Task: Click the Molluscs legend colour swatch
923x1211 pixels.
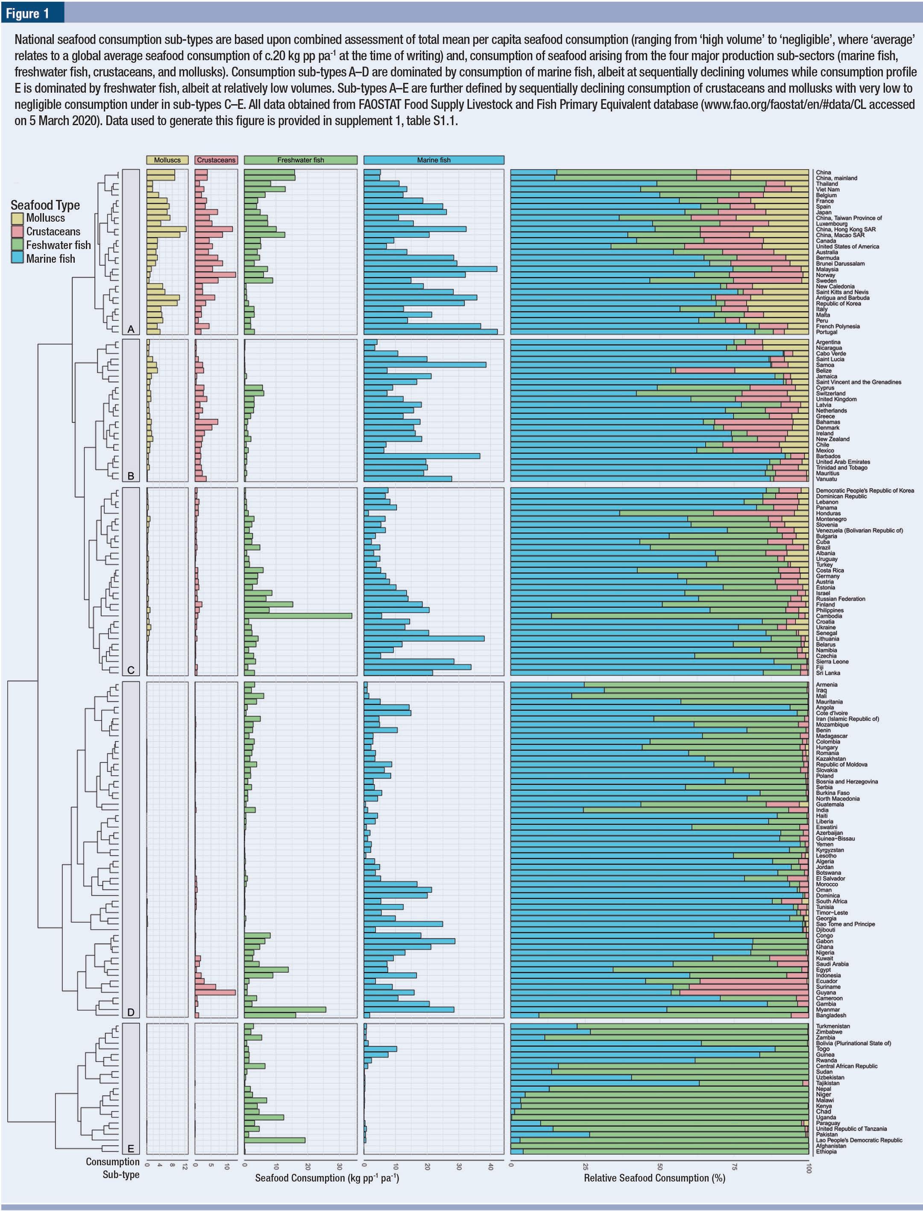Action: tap(17, 218)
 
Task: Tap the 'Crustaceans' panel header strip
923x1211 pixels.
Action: tap(216, 160)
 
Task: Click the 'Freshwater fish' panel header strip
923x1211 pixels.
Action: tap(301, 160)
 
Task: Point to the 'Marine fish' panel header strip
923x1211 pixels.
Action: tap(434, 160)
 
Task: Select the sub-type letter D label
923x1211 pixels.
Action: tap(131, 1012)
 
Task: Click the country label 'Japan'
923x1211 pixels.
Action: tap(823, 213)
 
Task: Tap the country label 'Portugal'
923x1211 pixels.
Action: tap(826, 332)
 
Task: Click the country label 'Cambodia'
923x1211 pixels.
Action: tap(829, 616)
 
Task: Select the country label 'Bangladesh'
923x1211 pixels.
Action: tap(831, 1015)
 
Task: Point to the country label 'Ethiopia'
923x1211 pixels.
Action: tap(826, 1152)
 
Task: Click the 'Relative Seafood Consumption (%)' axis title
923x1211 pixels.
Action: tap(654, 1178)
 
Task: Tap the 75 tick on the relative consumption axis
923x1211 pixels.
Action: tap(734, 1167)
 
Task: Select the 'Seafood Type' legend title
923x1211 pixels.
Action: tap(45, 205)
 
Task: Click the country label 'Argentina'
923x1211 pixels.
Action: tap(828, 342)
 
